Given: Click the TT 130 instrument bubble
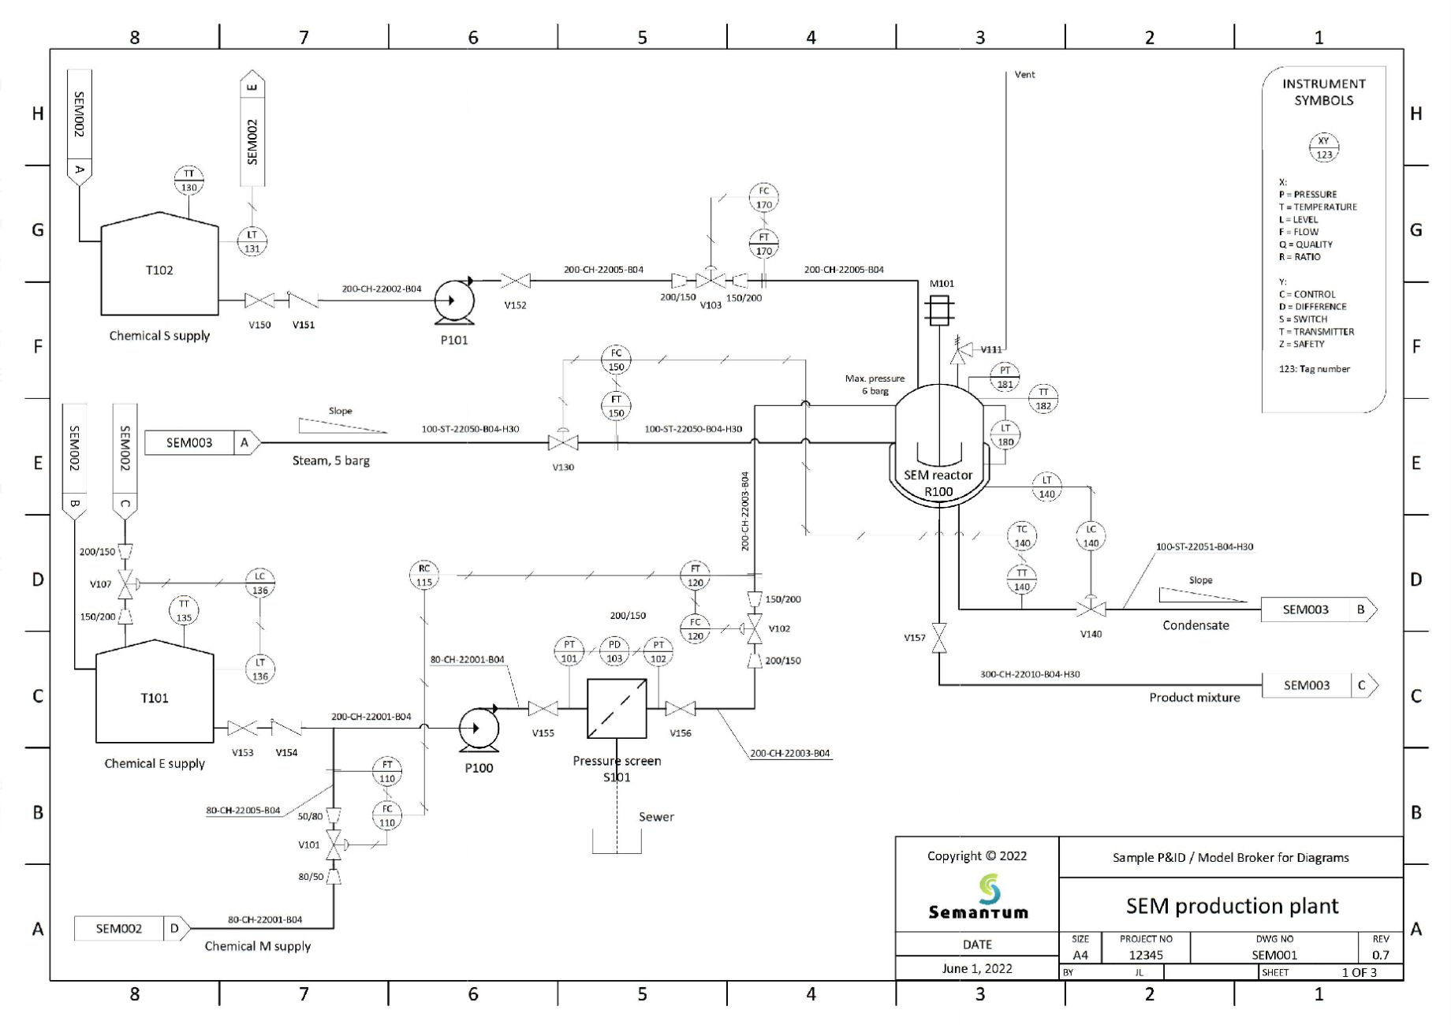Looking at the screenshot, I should tap(188, 181).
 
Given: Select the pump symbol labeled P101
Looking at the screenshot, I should tap(454, 300).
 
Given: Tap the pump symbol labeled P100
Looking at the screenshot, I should tap(478, 728).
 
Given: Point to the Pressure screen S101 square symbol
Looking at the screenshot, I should tap(617, 708).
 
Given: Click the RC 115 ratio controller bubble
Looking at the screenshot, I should tap(424, 576).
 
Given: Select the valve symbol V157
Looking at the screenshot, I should tap(938, 637).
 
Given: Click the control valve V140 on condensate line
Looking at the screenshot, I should tap(1091, 609).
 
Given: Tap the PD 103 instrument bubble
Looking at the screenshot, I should tap(614, 651).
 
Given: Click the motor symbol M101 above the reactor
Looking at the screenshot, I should tap(938, 309).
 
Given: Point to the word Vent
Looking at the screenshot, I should tap(1024, 75).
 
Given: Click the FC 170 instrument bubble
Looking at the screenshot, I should tap(763, 198).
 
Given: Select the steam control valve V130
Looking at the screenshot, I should tap(562, 442).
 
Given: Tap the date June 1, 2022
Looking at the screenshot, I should tap(976, 968).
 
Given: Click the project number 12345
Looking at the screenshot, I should tap(1145, 955).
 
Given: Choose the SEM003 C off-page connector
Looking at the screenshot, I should tap(1319, 685).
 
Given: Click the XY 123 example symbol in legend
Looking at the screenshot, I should tap(1323, 147).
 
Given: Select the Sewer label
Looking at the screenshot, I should tap(656, 817).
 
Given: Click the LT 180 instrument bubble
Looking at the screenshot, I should tap(1005, 434).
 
